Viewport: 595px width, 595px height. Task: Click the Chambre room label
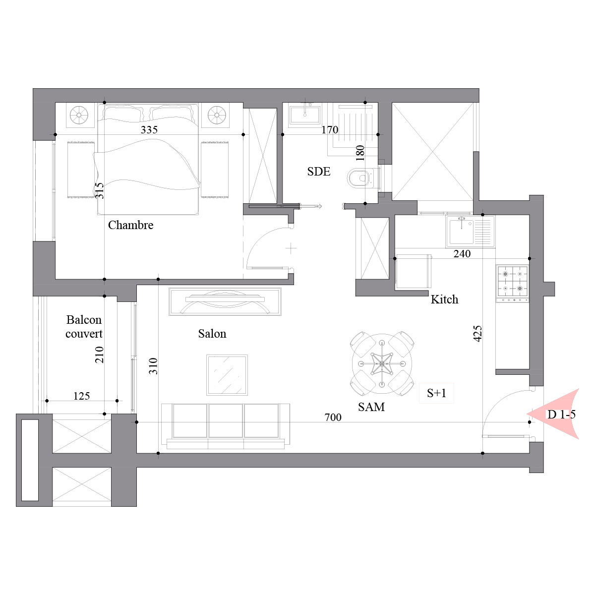coord(130,225)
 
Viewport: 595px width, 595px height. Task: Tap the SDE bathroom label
coord(319,172)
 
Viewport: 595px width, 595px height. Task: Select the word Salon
coord(212,334)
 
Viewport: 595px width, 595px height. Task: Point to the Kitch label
coord(444,299)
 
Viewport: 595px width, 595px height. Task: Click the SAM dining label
coord(371,407)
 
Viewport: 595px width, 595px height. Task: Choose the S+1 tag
coord(436,393)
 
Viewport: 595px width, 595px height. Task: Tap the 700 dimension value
coord(333,417)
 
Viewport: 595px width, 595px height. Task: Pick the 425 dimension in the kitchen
coord(477,334)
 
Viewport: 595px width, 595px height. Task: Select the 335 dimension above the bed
coord(149,130)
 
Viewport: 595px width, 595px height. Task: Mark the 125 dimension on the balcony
coord(81,396)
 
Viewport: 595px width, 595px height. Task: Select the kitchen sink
coord(470,231)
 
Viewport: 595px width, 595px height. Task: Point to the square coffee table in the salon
coord(227,375)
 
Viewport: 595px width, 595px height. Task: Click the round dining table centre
coord(382,364)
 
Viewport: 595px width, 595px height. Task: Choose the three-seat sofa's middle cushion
coord(226,420)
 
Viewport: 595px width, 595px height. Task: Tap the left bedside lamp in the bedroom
coord(79,115)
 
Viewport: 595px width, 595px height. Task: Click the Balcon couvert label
coord(84,327)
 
